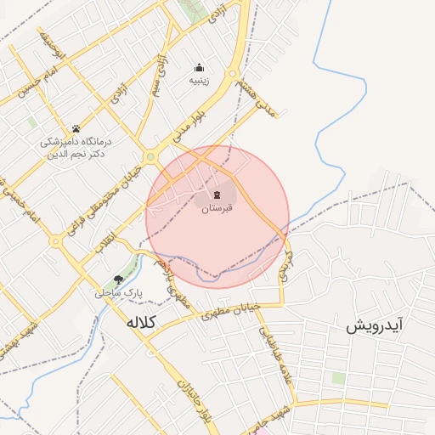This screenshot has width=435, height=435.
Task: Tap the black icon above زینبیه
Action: tap(199, 68)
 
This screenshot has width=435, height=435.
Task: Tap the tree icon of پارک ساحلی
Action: tap(118, 279)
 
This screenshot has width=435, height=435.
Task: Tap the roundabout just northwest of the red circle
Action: tap(151, 155)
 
